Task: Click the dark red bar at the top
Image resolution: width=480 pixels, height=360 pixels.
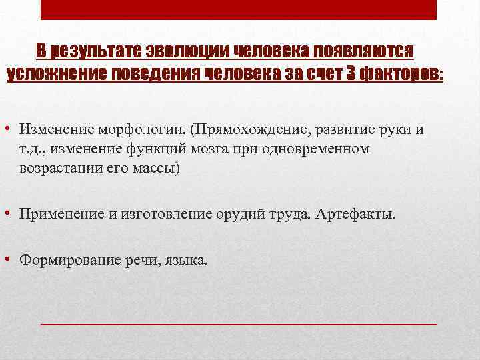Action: (x=239, y=9)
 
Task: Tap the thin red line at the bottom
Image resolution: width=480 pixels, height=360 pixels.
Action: (x=239, y=323)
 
